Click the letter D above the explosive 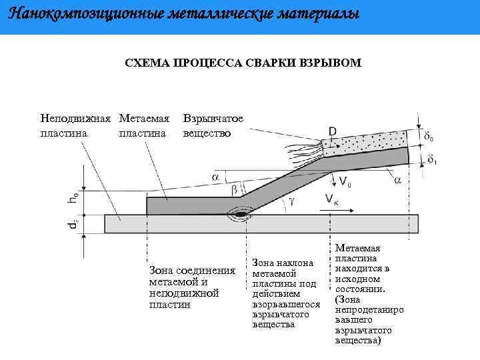(x=332, y=132)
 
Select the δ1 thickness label (x=431, y=160)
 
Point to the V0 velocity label (x=345, y=181)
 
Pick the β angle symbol (x=234, y=191)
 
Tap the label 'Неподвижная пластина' (x=75, y=125)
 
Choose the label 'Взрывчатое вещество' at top (x=213, y=125)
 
